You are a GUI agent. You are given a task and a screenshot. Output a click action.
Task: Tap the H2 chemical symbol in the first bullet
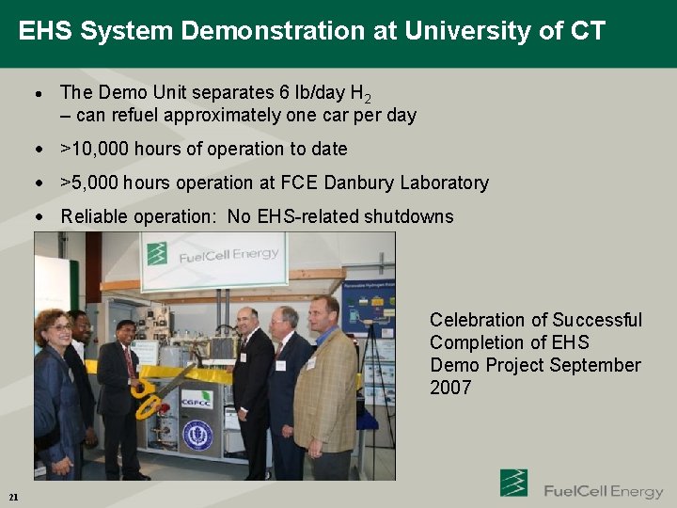pyautogui.click(x=360, y=93)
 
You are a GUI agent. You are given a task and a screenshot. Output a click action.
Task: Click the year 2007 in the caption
pyautogui.click(x=450, y=388)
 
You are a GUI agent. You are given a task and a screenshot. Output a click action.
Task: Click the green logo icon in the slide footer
pyautogui.click(x=513, y=484)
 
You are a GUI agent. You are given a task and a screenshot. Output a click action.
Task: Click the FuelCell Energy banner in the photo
pyautogui.click(x=213, y=257)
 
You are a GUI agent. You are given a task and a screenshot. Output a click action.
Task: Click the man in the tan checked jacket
pyautogui.click(x=324, y=386)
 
